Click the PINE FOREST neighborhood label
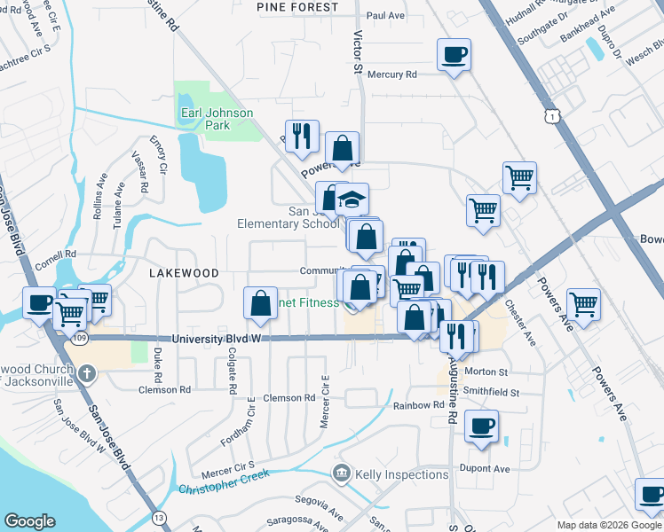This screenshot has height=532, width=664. click(x=297, y=7)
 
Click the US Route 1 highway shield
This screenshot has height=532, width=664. click(x=553, y=116)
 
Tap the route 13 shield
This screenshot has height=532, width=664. click(x=159, y=517)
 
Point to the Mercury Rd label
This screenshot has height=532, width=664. click(x=391, y=75)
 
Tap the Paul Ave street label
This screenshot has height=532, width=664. click(x=385, y=16)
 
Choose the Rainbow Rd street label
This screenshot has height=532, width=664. click(x=418, y=405)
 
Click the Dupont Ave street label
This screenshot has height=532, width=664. click(x=484, y=468)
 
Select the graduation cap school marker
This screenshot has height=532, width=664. click(x=352, y=198)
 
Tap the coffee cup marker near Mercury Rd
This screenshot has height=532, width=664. click(x=454, y=55)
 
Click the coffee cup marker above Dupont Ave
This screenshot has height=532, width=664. click(x=482, y=426)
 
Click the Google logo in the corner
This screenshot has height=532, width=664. click(x=29, y=521)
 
